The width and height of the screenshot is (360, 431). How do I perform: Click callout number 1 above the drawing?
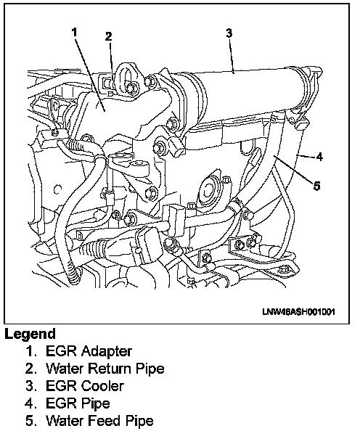coord(74,32)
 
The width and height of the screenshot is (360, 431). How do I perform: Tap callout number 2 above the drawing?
coord(109,36)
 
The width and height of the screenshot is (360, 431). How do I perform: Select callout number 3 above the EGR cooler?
coord(229,33)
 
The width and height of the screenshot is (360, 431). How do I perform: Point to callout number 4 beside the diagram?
coord(319,157)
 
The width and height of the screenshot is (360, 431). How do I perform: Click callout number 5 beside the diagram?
coord(317,186)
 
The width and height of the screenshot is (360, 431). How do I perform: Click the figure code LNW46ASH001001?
coord(299,312)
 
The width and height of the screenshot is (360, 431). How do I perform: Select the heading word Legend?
coord(30,334)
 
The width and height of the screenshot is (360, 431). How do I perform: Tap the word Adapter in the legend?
coord(107,352)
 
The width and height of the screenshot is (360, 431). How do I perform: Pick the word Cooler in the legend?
coord(102,385)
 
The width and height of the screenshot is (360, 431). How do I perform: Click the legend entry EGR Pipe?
coord(78,403)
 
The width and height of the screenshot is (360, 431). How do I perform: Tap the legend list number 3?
coord(30,385)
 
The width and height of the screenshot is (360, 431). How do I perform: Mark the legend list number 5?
coord(30,421)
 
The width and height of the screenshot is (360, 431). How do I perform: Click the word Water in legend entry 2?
coord(62,369)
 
